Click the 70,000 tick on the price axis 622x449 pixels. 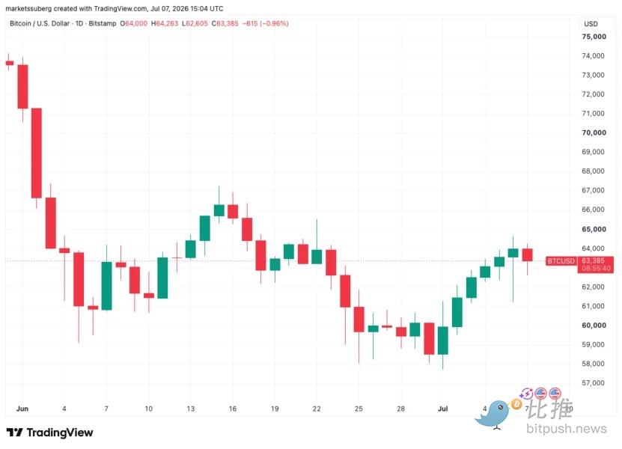coord(594,132)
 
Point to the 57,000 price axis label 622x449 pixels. coord(593,382)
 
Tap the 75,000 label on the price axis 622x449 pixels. coord(594,37)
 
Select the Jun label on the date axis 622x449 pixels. coord(22,409)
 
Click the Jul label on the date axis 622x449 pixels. coord(442,409)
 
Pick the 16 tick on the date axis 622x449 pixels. coord(233,409)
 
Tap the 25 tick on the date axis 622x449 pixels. coord(359,409)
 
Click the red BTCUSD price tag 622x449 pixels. coord(561,261)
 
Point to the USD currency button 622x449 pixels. coord(591,24)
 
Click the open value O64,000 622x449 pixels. coord(134,23)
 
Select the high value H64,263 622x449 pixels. coord(165,23)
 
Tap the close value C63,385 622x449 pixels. coord(225,23)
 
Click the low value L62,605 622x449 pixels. coord(195,23)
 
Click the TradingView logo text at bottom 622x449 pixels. coord(50,433)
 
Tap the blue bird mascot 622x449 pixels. coord(494,415)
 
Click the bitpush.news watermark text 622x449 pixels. coord(567,428)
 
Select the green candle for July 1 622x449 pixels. coord(442,340)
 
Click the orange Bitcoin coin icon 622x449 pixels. coord(516,404)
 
